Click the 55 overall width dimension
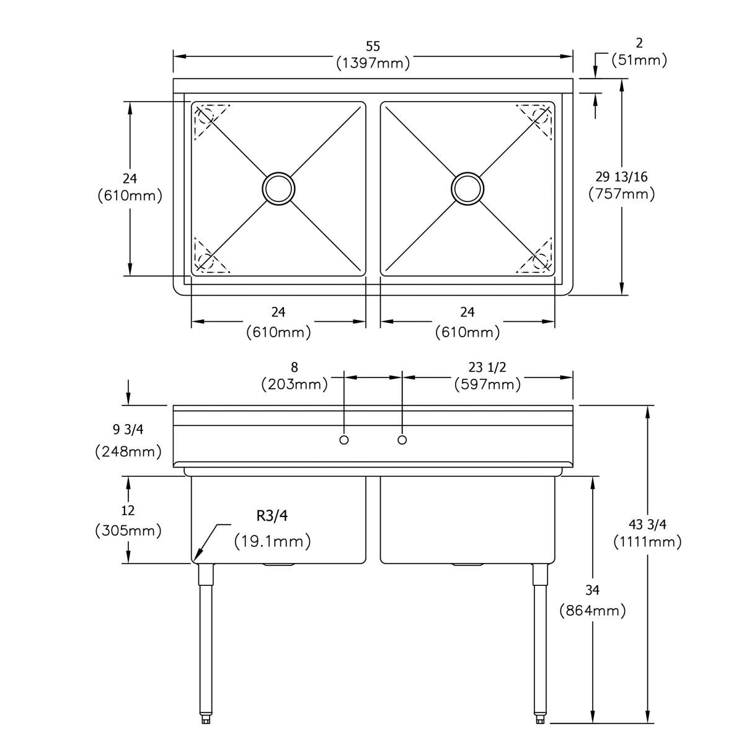coord(373,46)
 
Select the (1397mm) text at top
coord(373,63)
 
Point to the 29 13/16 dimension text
coord(621,177)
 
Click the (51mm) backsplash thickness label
coord(639,60)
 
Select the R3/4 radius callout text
coord(273,516)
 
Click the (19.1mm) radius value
coord(273,541)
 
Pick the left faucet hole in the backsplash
coord(344,440)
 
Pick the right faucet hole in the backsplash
coord(402,440)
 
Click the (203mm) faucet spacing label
coord(294,384)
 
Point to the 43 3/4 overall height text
coord(649,525)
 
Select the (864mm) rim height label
coord(592,611)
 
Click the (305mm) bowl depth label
coord(128,531)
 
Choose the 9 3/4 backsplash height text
coord(128,429)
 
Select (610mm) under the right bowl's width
coord(467,332)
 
